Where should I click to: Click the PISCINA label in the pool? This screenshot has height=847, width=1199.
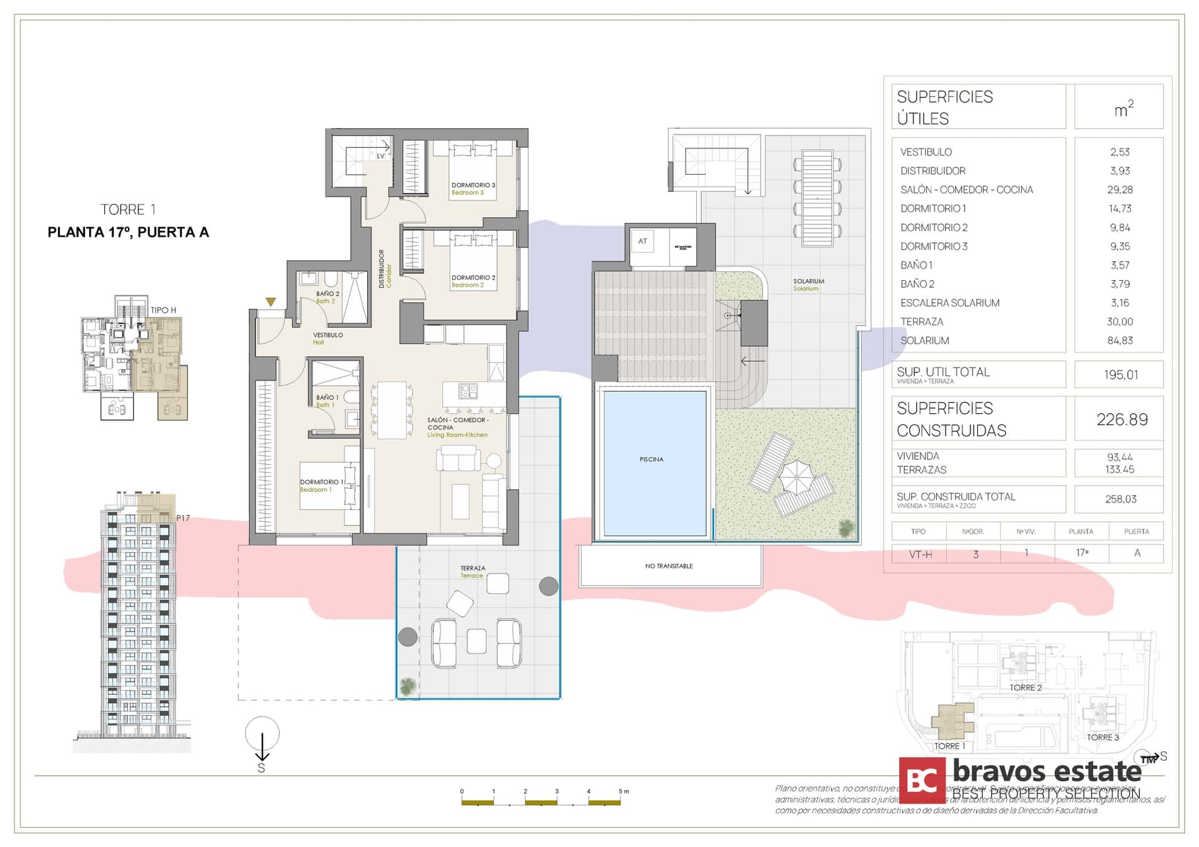point(651,459)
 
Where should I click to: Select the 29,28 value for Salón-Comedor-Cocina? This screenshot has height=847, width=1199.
point(1120,190)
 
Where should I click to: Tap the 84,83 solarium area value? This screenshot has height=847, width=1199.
point(1120,341)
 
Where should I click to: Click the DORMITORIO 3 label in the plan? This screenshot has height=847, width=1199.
point(473,185)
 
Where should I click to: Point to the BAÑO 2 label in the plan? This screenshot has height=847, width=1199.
point(328,294)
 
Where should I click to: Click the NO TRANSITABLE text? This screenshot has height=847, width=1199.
point(669,566)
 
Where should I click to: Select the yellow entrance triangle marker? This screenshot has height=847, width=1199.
point(270,302)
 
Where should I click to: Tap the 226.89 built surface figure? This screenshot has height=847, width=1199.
point(1122,419)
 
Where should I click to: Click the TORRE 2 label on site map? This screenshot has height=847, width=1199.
point(1025,688)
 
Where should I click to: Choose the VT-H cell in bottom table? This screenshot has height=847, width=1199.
point(920,554)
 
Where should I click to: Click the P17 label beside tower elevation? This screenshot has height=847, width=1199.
point(183,518)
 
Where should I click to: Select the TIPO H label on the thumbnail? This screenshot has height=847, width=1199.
point(164,310)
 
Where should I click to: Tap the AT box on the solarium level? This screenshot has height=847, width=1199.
point(643,242)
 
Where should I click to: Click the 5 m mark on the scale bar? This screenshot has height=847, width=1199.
point(623,791)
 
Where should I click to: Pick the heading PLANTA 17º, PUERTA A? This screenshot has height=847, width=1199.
point(128,232)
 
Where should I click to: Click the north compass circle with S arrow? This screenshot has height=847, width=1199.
point(262,734)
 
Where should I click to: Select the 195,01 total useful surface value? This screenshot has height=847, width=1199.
point(1120,375)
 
